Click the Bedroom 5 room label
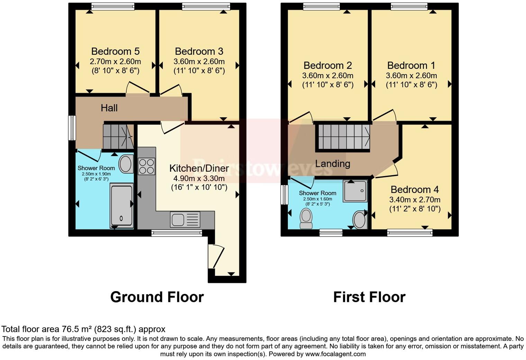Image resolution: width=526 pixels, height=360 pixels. coord(115,51)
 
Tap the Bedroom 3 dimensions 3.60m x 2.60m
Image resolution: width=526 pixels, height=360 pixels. coord(199,62)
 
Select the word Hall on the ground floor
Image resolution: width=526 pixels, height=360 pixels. coord(109,108)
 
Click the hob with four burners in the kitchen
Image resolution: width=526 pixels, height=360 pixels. coord(146,166)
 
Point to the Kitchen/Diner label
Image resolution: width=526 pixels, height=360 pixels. coord(199,168)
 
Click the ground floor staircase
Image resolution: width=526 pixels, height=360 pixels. coord(118,136)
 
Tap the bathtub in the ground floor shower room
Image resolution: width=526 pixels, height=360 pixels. coord(121,206)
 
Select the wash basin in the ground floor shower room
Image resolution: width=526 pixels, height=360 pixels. coord(126,164)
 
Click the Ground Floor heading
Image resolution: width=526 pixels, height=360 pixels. coord(157,297)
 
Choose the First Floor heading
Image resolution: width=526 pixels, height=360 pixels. coord(369,297)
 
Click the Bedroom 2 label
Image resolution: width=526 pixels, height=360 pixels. coord(327,65)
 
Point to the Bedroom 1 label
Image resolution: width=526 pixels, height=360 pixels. coord(411,65)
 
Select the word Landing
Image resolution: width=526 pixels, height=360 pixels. coord(333,163)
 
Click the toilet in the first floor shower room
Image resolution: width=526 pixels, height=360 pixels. coord(306,219)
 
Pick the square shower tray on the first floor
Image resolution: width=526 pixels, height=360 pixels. coord(355,191)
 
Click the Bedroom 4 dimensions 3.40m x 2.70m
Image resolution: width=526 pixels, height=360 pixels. coord(415,200)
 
